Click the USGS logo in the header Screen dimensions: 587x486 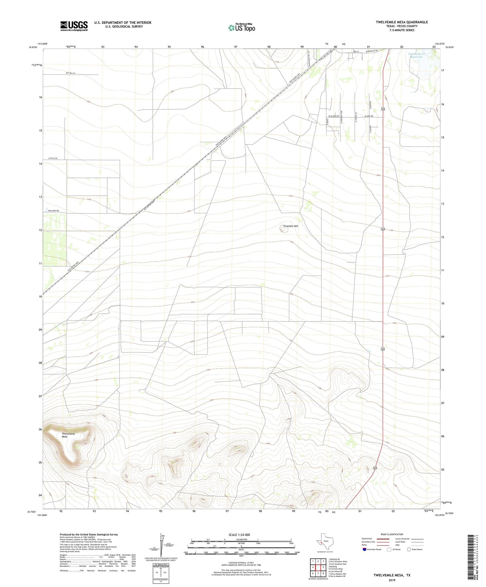74,26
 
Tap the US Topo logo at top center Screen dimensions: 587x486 241,28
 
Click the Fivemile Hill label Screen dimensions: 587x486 290,226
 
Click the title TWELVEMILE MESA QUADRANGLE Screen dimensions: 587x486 402,22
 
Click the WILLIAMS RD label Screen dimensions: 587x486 53,211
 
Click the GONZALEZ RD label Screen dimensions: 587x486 372,51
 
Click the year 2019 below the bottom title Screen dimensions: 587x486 391,580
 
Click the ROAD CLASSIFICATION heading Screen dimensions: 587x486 392,534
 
